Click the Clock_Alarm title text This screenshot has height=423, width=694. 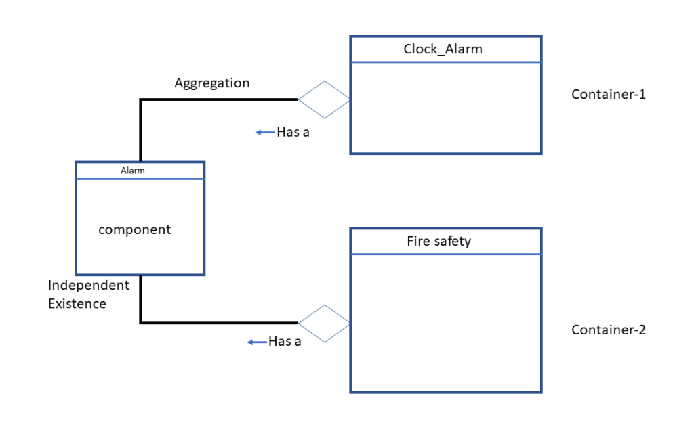443,49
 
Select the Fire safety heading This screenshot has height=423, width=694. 438,241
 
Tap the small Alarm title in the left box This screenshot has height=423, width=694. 133,171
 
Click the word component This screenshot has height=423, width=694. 135,229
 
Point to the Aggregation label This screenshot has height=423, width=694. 212,83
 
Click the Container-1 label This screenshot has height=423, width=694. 608,94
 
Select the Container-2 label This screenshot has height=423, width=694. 608,330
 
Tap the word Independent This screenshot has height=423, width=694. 89,286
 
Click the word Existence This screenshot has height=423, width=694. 77,303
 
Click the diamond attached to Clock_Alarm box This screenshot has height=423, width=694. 325,99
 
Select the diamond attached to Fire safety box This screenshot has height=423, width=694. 325,324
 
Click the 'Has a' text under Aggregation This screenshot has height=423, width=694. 293,132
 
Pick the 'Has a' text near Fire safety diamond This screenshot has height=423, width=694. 285,342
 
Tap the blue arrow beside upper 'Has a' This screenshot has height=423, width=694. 264,133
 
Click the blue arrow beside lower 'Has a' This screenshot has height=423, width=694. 256,342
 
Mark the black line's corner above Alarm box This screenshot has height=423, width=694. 140,100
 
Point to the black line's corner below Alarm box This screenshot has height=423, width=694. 140,323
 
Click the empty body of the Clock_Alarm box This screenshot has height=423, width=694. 445,108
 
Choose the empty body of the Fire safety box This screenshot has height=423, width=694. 445,323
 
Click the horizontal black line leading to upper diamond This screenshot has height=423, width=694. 217,99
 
